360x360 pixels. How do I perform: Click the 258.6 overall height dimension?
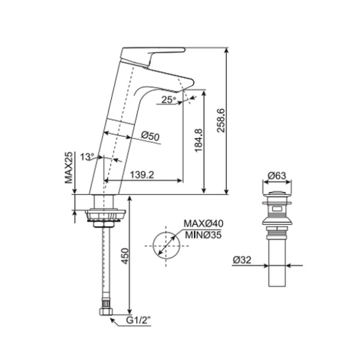(x=221, y=121)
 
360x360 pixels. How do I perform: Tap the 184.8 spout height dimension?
(x=198, y=140)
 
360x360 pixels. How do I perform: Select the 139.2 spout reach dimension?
(x=142, y=175)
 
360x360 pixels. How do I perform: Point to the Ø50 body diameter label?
(x=150, y=136)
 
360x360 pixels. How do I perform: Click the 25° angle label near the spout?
(x=169, y=99)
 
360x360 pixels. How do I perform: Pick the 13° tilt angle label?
(x=87, y=157)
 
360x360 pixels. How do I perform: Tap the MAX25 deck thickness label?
(x=69, y=167)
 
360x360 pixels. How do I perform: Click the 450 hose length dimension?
(x=125, y=256)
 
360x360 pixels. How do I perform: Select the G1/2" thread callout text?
(x=139, y=320)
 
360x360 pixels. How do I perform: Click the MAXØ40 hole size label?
(x=204, y=223)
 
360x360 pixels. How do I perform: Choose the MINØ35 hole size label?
(x=204, y=235)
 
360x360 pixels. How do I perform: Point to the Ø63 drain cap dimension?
(x=277, y=176)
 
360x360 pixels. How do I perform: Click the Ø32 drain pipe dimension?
(x=242, y=260)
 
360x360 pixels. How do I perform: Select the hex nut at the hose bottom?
(x=106, y=312)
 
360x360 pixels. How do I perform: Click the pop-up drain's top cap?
(x=277, y=195)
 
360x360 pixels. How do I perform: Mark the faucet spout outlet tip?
(x=183, y=90)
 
